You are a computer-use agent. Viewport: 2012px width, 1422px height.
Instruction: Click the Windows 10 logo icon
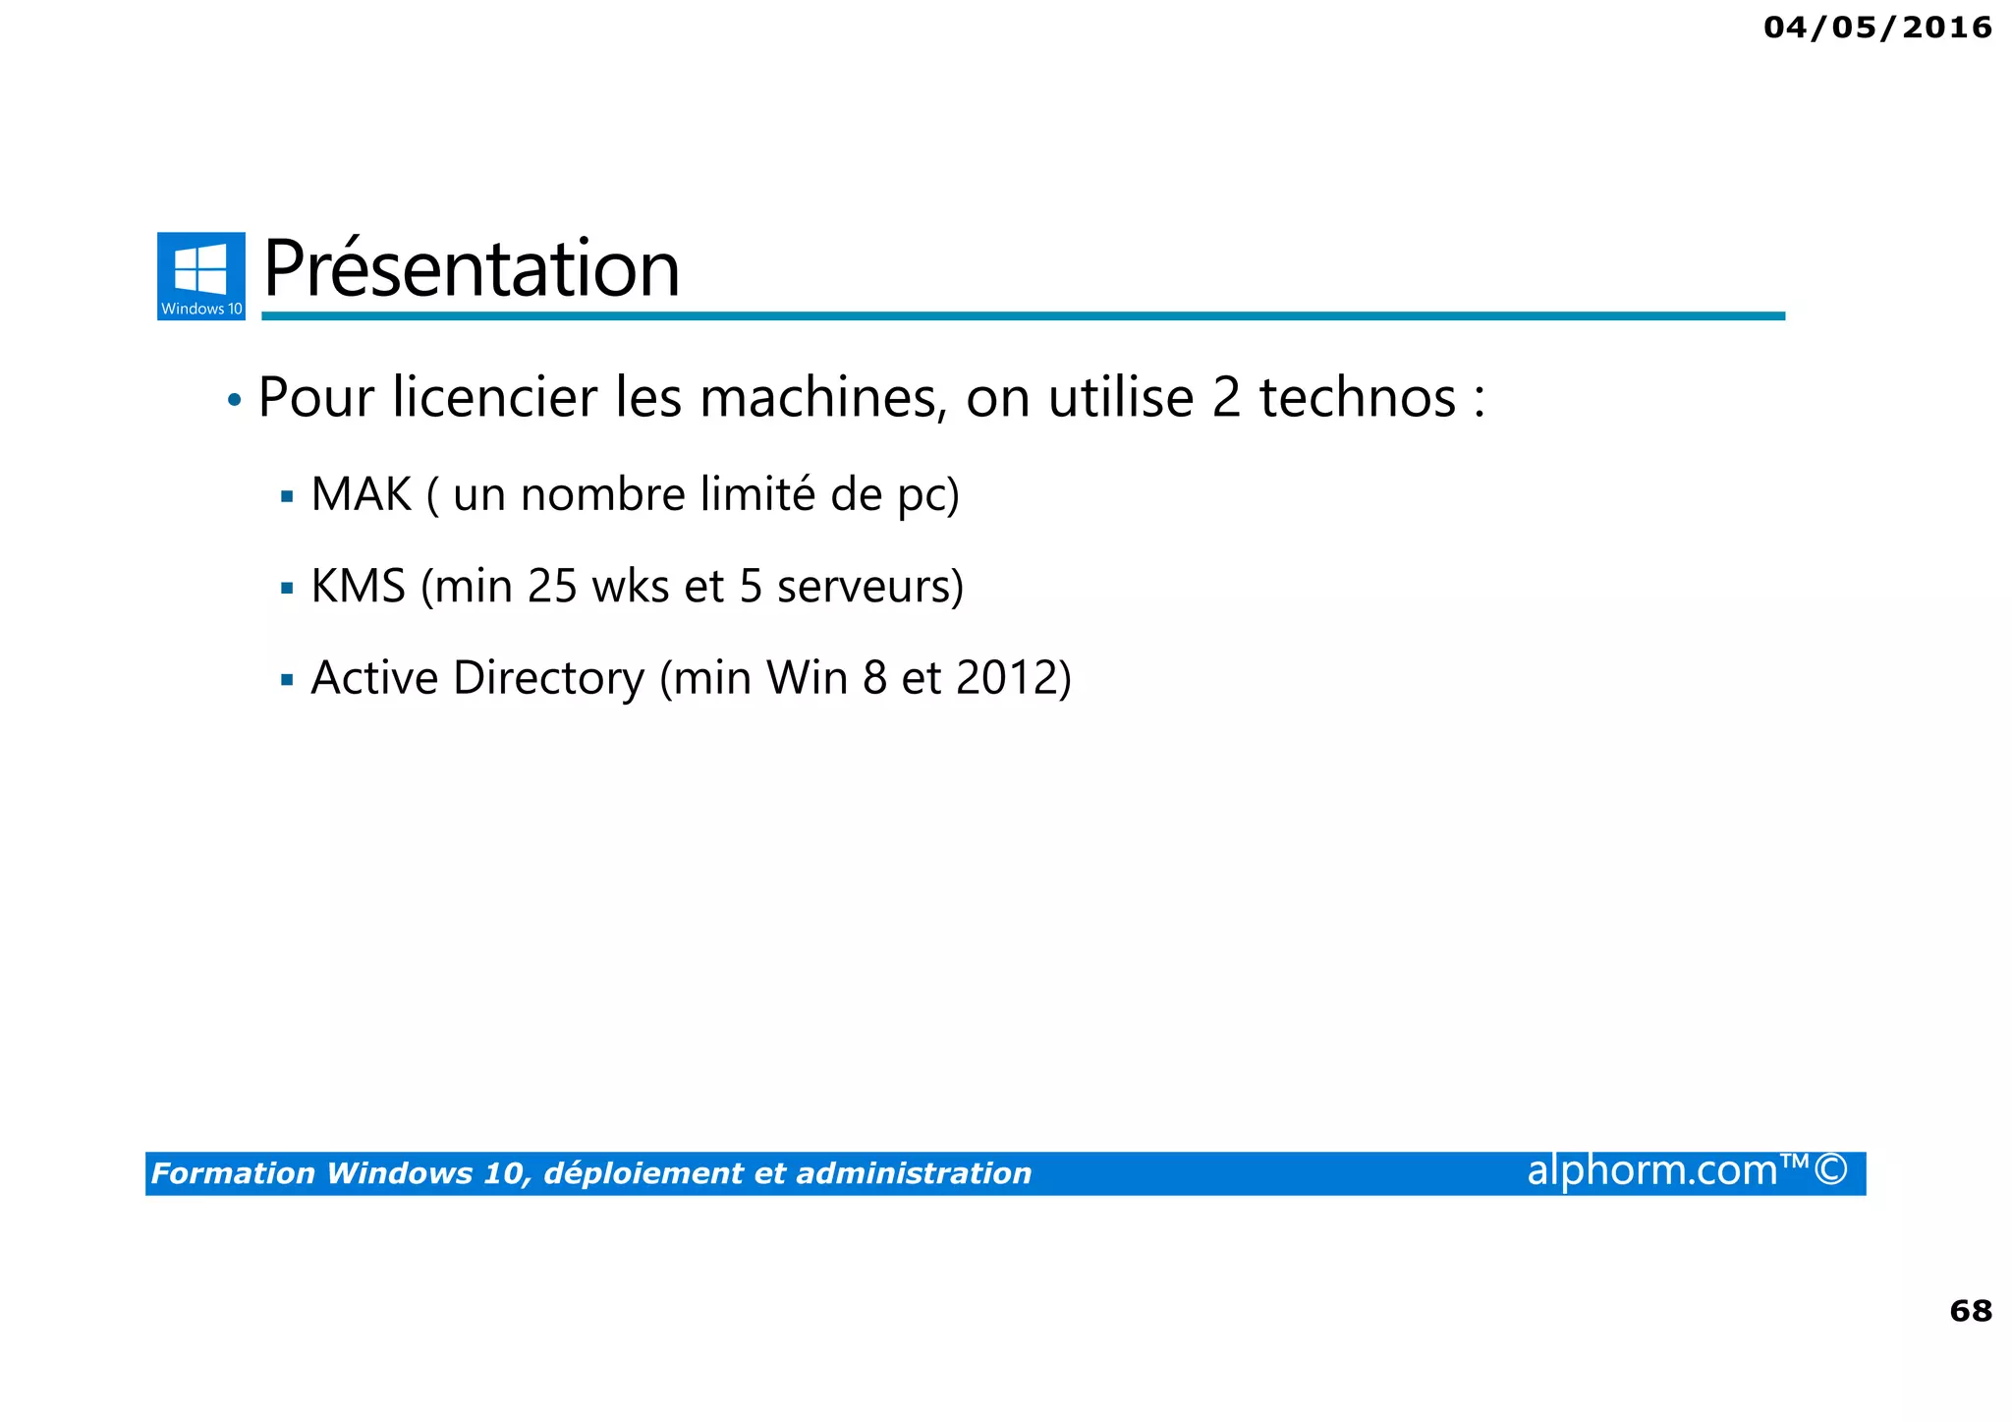(201, 275)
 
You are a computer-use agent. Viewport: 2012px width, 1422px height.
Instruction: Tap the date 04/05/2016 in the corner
(1877, 28)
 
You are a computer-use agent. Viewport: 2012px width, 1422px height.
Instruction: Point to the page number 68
(1970, 1310)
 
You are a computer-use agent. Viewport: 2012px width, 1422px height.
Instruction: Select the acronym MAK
(361, 494)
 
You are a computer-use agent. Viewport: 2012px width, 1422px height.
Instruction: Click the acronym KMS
(358, 587)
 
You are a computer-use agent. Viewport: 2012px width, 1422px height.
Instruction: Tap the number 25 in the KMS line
(552, 587)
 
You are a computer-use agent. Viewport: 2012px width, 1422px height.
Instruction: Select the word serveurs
(864, 587)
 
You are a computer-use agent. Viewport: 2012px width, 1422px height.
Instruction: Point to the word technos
(1357, 398)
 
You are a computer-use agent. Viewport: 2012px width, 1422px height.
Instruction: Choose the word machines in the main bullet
(823, 398)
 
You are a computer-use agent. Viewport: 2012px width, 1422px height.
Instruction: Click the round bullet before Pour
(234, 400)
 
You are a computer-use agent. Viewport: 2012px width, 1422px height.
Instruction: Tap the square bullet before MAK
(287, 497)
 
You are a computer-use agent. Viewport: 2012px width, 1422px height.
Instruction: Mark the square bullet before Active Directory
(287, 680)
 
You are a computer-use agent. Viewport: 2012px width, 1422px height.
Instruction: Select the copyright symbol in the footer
(1830, 1170)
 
